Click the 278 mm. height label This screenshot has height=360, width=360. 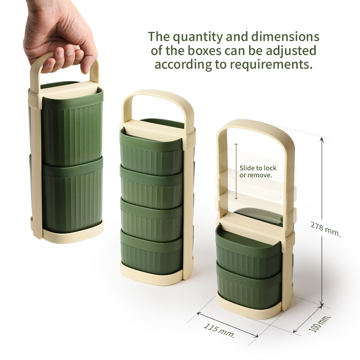[325, 229]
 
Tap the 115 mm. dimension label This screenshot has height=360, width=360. [219, 331]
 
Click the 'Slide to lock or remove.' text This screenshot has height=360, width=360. [258, 172]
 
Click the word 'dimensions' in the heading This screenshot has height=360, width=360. [285, 37]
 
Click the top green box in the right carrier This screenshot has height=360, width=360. [249, 248]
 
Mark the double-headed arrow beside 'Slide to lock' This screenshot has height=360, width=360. [236, 171]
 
